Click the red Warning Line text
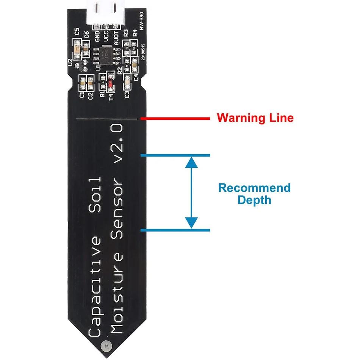(x=255, y=117)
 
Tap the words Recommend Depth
(x=254, y=194)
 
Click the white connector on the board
(x=102, y=13)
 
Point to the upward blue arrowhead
(x=192, y=163)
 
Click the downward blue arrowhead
(x=192, y=222)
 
